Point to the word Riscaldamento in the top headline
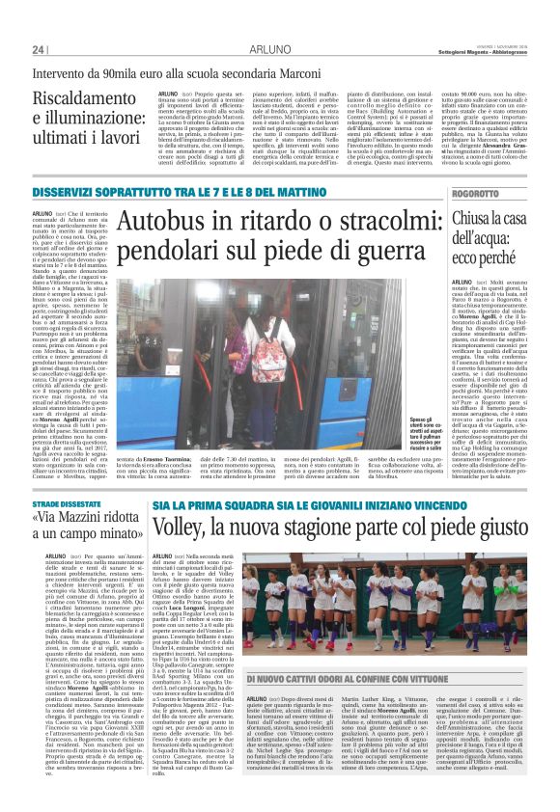coord(75,98)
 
